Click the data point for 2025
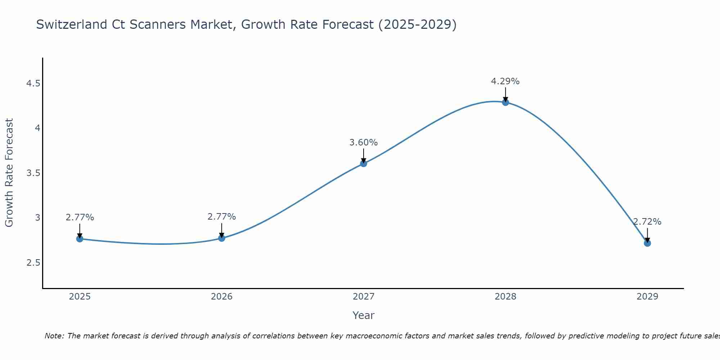[80, 239]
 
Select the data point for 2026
[221, 238]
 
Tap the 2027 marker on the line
[363, 163]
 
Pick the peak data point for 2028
[505, 102]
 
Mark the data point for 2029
[647, 243]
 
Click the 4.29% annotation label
[505, 81]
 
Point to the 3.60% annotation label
[363, 143]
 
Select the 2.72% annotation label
[647, 222]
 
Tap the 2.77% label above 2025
[80, 217]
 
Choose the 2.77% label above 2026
[221, 217]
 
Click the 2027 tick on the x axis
[363, 297]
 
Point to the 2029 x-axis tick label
[647, 297]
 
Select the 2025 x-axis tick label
[80, 297]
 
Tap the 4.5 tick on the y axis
[33, 84]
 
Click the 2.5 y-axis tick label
[33, 262]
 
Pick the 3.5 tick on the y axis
[33, 173]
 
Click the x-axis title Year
[363, 315]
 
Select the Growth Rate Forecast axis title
[9, 173]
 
